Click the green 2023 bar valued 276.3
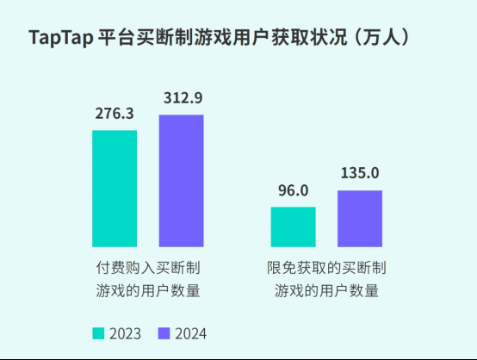(x=115, y=189)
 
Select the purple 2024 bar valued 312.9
(x=181, y=181)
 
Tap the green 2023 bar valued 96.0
(x=293, y=227)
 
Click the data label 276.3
(x=115, y=114)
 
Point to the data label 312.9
(x=182, y=97)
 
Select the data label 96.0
(x=293, y=190)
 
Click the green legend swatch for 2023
(x=98, y=333)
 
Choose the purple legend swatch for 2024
(x=164, y=333)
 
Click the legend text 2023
(x=125, y=333)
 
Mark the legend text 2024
(x=190, y=333)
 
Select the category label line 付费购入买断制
(x=148, y=268)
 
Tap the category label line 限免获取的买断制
(x=326, y=268)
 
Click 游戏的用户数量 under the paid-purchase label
(x=148, y=290)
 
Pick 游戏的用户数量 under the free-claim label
(x=326, y=290)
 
